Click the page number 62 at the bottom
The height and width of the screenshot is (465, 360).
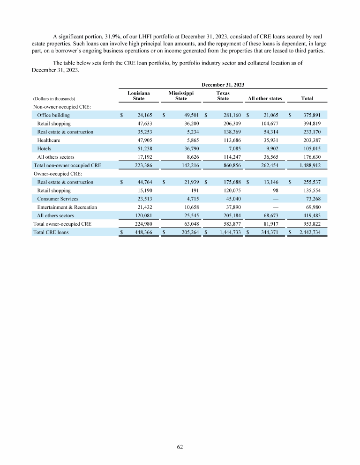click(180, 447)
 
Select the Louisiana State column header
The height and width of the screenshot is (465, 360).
click(139, 96)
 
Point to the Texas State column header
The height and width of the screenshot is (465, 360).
click(223, 96)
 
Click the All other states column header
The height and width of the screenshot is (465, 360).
click(265, 98)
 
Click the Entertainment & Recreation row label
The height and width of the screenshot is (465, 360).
click(67, 207)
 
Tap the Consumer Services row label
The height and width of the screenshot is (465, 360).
click(58, 199)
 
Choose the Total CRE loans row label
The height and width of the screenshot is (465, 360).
click(50, 232)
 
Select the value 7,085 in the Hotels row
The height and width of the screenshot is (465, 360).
click(234, 148)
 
